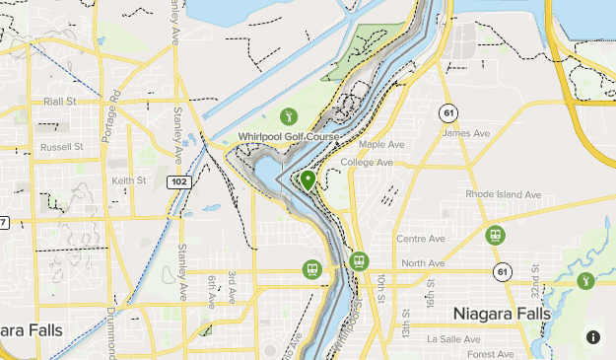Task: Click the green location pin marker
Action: pos(308,180)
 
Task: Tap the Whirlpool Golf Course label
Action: pos(289,136)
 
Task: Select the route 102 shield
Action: pos(178,181)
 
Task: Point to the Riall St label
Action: pos(60,102)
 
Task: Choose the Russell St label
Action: pos(62,146)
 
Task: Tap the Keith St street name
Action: pos(128,180)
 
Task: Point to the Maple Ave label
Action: pos(382,144)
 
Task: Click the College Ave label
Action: pos(367,163)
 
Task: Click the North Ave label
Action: pos(423,263)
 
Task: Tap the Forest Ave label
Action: pos(492,354)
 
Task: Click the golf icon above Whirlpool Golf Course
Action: pos(289,114)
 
